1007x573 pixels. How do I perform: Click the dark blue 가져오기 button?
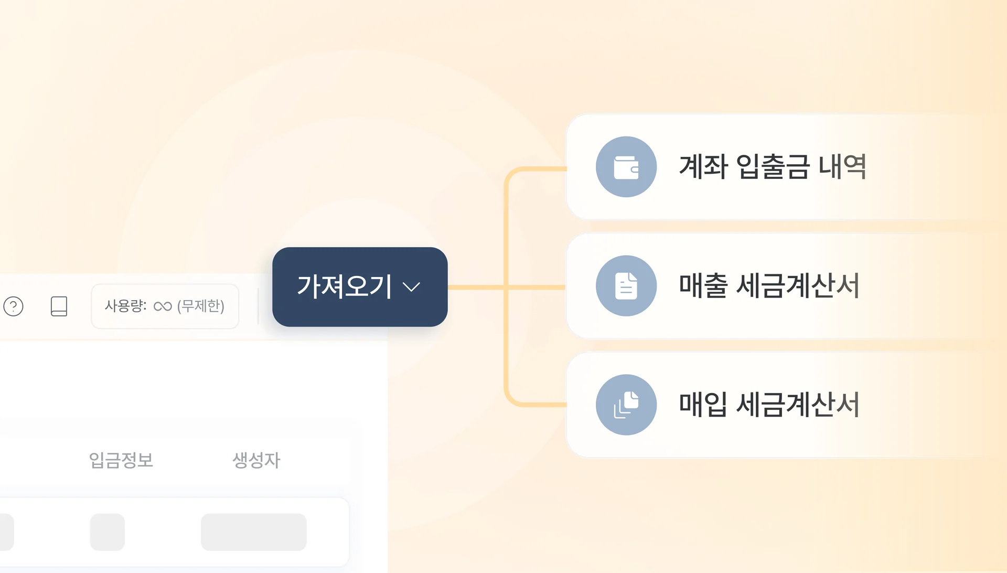pos(346,286)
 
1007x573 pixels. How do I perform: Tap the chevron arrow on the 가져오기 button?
pos(411,287)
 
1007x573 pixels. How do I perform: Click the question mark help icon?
pos(14,306)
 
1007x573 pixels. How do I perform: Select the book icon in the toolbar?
pos(59,306)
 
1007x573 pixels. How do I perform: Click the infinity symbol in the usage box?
pos(163,306)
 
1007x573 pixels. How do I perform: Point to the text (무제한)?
pos(201,306)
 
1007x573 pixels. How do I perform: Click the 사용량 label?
pos(125,306)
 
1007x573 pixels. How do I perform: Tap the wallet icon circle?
pos(626,167)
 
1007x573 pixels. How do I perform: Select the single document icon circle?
pos(626,286)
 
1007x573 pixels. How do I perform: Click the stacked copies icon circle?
pos(626,405)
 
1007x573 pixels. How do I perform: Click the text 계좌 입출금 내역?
pos(772,167)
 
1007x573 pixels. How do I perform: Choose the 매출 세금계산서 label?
pos(769,286)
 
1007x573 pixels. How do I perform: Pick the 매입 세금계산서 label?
pos(769,405)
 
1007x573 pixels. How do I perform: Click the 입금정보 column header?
pos(121,460)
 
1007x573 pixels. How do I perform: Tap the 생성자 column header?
pos(256,460)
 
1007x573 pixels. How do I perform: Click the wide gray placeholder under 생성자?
pos(254,532)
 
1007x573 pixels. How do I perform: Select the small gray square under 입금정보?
pos(108,532)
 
